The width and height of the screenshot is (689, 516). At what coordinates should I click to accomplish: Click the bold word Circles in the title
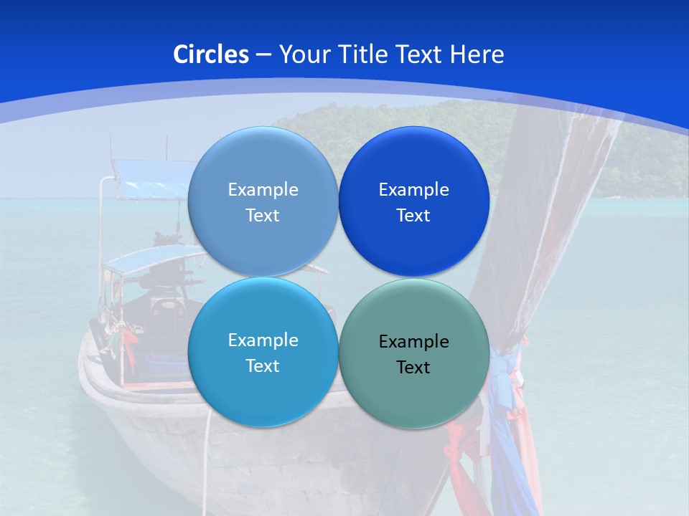211,54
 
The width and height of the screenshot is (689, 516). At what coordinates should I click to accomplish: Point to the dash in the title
263,55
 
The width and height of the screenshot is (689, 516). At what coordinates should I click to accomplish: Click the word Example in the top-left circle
263,190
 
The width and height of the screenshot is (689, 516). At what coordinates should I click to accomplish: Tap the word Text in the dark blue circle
413,216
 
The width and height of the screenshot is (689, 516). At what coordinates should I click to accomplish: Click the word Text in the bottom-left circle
263,366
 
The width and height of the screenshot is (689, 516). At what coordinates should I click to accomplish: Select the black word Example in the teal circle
413,342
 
